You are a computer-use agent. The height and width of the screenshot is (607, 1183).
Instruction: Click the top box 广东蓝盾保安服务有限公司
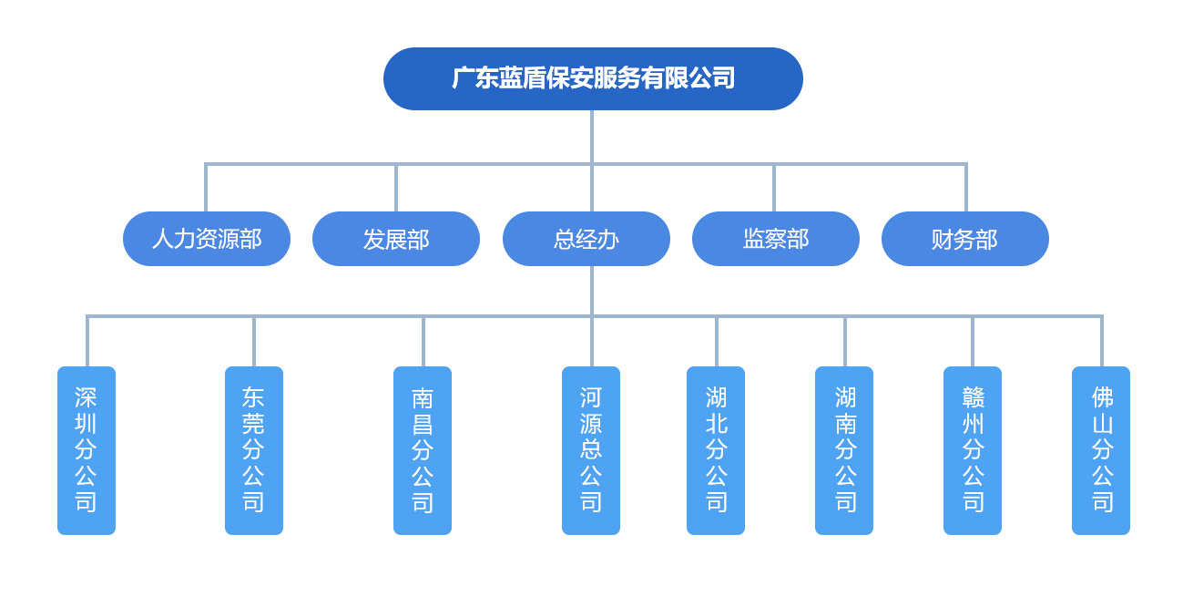tap(593, 78)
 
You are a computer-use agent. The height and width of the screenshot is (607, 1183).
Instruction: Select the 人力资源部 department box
tap(207, 239)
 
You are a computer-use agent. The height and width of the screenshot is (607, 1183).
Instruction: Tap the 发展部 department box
tap(396, 239)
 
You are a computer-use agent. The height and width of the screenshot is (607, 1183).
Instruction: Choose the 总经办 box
tap(586, 239)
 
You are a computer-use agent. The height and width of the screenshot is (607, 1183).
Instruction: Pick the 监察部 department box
tap(776, 239)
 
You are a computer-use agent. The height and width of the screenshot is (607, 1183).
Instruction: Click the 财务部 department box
tap(965, 239)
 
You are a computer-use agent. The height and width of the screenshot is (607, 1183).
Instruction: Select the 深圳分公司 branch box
tap(87, 450)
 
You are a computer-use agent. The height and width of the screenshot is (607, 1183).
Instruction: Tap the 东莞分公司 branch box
tap(254, 450)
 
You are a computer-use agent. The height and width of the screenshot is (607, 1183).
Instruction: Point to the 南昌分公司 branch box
tap(423, 450)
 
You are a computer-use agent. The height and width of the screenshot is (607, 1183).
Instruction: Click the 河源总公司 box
tap(591, 450)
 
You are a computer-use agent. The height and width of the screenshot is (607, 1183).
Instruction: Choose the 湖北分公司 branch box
tap(716, 450)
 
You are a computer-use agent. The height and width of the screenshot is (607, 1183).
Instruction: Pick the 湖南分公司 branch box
tap(844, 450)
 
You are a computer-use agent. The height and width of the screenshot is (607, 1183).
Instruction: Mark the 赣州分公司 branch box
tap(973, 450)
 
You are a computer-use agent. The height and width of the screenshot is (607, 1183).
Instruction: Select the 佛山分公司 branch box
tap(1101, 450)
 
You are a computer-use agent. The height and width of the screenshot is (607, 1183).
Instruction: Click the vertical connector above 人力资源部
tap(206, 189)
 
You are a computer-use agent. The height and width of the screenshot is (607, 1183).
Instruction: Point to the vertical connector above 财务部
tap(965, 189)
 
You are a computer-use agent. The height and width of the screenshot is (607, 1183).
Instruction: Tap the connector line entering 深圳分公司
tap(87, 342)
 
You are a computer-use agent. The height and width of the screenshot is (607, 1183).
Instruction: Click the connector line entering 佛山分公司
tap(1101, 342)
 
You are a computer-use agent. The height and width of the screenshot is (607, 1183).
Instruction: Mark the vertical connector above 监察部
tap(774, 189)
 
